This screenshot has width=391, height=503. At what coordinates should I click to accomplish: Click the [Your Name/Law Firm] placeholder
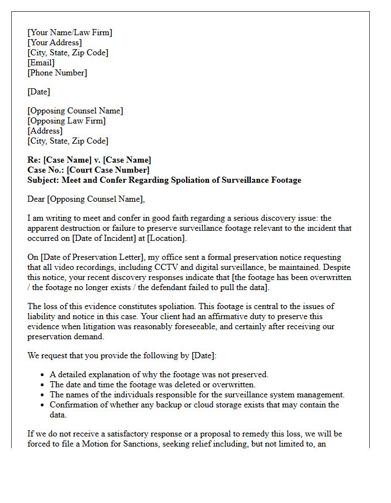(x=70, y=32)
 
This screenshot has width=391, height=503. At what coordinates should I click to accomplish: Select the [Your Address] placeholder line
(x=55, y=42)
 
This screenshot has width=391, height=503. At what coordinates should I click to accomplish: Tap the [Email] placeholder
(x=41, y=63)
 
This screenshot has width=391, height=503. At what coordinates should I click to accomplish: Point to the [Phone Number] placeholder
(x=57, y=73)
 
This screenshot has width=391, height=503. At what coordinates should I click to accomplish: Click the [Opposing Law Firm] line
(x=66, y=121)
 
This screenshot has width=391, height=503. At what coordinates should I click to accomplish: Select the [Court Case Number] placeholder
(x=108, y=170)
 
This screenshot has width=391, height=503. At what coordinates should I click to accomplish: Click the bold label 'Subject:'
(x=44, y=180)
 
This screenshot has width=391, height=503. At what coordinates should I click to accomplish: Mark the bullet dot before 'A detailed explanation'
(x=43, y=375)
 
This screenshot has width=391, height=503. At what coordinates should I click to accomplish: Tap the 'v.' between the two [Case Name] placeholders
(x=97, y=160)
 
